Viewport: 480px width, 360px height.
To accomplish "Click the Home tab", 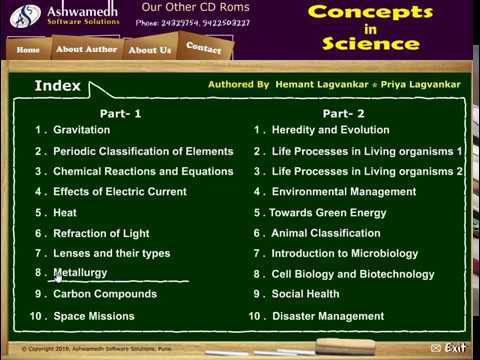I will (x=28, y=49).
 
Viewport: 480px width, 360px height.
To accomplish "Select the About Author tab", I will (x=86, y=49).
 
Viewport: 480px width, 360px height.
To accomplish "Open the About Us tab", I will (x=150, y=49).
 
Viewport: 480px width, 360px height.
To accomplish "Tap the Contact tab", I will (x=204, y=48).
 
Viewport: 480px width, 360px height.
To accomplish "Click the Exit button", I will (x=449, y=347).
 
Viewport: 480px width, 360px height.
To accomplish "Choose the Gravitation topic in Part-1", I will (x=81, y=131).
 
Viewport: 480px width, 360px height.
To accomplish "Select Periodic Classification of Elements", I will (x=142, y=151).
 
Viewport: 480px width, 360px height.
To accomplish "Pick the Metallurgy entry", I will (x=80, y=273).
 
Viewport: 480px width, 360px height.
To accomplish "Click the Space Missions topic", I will (x=94, y=316).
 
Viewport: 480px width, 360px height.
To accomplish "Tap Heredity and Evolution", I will (x=330, y=131).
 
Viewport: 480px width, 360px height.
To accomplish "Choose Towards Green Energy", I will (x=327, y=213).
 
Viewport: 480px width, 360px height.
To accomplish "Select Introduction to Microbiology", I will (x=344, y=254).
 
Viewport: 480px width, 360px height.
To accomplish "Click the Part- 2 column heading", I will (x=343, y=114).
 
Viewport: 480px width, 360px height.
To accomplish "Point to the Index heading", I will (x=57, y=86).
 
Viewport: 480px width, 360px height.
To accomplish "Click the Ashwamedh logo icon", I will (x=21, y=15).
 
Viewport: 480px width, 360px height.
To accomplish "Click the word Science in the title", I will (x=357, y=44).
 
